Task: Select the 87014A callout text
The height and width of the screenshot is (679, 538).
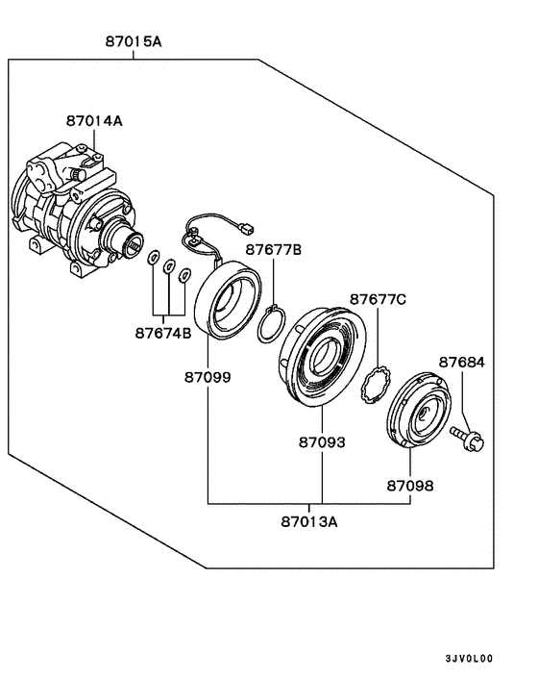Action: (x=94, y=121)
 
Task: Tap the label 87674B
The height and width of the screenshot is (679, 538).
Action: (x=164, y=333)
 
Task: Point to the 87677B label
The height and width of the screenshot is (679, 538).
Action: (x=273, y=249)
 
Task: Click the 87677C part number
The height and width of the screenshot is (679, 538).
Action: (x=378, y=299)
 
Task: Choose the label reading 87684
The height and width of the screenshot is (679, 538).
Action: (x=462, y=363)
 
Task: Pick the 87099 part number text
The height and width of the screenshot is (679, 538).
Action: (x=208, y=377)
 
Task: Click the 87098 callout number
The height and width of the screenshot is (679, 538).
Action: (x=410, y=486)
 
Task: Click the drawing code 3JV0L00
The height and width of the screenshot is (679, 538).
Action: (x=468, y=659)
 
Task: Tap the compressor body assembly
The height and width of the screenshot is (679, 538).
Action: (x=72, y=207)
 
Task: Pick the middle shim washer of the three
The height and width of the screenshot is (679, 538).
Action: (x=168, y=266)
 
